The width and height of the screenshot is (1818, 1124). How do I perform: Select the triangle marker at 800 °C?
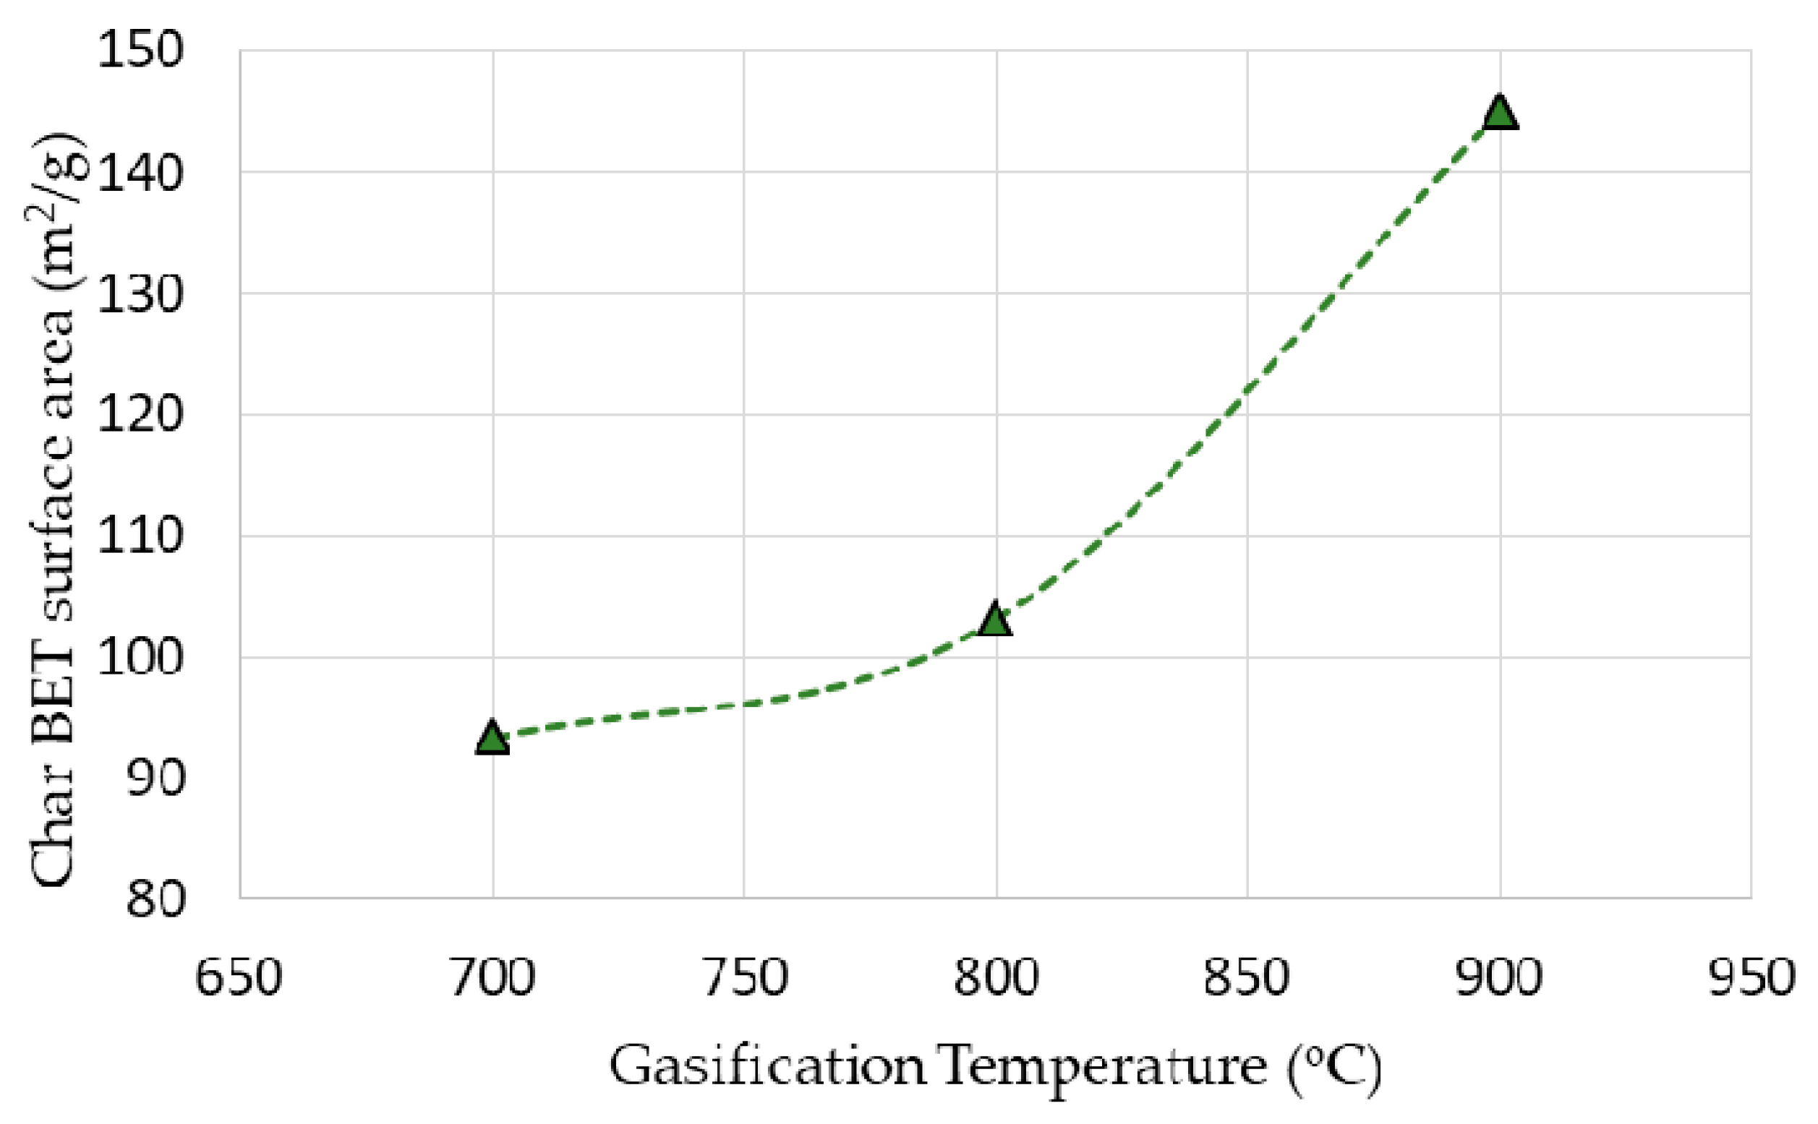point(995,619)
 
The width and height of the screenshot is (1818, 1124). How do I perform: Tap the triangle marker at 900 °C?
point(1500,113)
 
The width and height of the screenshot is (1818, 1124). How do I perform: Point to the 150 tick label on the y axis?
point(140,51)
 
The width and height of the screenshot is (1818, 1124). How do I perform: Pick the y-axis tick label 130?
point(140,294)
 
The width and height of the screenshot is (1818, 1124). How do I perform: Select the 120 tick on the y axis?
point(140,416)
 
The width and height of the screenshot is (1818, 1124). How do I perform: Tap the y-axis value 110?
point(140,537)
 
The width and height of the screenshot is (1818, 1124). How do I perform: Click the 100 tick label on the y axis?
point(140,658)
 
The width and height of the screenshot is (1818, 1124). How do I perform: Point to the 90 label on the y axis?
point(155,779)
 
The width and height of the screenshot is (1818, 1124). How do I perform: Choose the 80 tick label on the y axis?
point(155,899)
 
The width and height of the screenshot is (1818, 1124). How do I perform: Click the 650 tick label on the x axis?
point(239,978)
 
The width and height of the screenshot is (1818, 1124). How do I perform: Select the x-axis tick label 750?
point(744,978)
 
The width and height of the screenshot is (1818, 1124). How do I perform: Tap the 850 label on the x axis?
point(1247,978)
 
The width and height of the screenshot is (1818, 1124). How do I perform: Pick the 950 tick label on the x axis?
point(1751,978)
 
